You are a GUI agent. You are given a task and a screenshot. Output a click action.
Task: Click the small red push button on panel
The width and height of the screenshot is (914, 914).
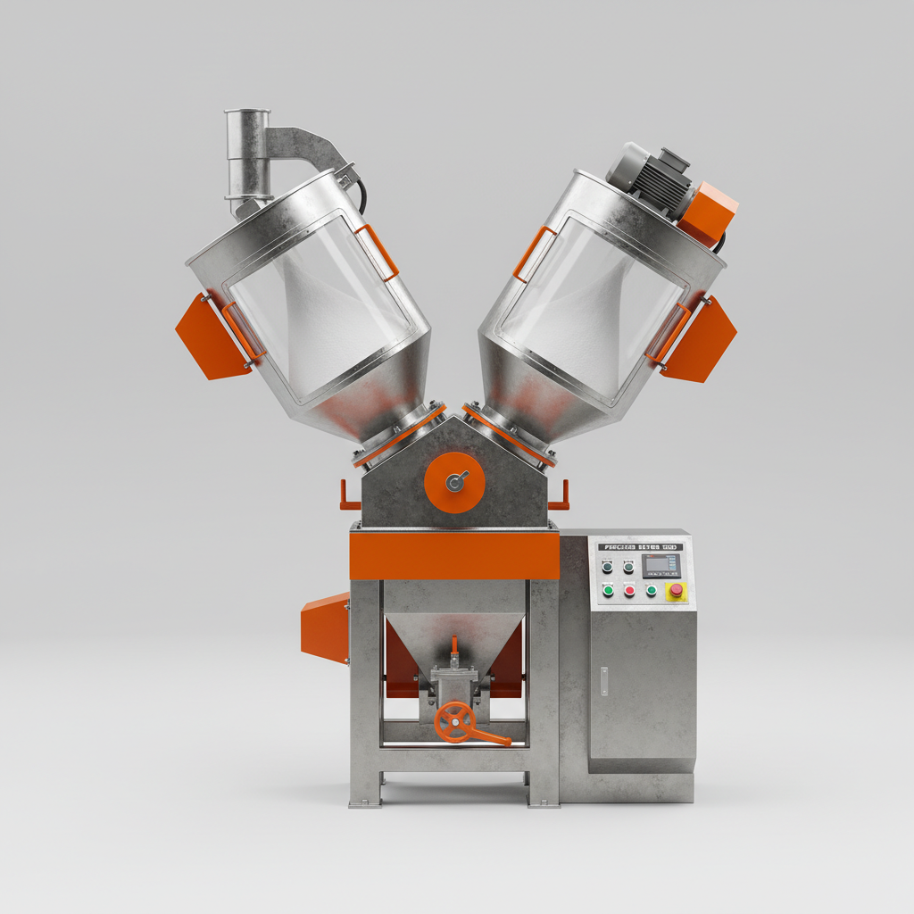629,590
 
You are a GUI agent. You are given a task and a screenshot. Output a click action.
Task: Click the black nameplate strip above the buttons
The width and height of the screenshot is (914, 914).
643,546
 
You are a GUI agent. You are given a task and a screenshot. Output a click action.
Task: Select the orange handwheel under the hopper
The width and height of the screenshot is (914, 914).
456,720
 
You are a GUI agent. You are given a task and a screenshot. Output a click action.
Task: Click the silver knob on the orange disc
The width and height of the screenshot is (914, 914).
455,482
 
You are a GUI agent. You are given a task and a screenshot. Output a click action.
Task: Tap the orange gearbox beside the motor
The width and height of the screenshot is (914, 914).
709,213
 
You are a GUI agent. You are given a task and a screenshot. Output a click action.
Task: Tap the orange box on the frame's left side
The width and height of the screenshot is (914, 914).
325,628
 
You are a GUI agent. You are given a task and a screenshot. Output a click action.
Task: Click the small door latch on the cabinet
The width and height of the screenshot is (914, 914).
603,681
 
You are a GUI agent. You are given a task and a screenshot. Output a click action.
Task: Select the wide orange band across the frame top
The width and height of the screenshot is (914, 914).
454,555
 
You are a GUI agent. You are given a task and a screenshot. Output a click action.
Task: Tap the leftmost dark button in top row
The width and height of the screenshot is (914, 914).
608,566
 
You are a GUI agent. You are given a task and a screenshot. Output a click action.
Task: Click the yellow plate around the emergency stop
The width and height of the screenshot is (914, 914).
677,591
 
